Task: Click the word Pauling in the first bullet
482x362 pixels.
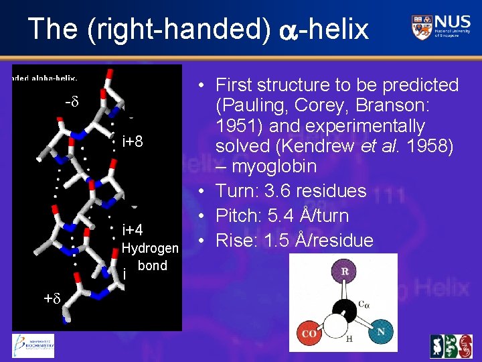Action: (x=256, y=106)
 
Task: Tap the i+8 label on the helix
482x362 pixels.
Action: (x=133, y=142)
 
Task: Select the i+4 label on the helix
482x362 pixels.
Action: (x=133, y=231)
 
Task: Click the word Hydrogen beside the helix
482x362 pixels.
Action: (x=151, y=249)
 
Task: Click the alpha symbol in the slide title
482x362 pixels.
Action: (x=284, y=30)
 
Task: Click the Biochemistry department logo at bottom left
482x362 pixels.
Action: (x=33, y=345)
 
